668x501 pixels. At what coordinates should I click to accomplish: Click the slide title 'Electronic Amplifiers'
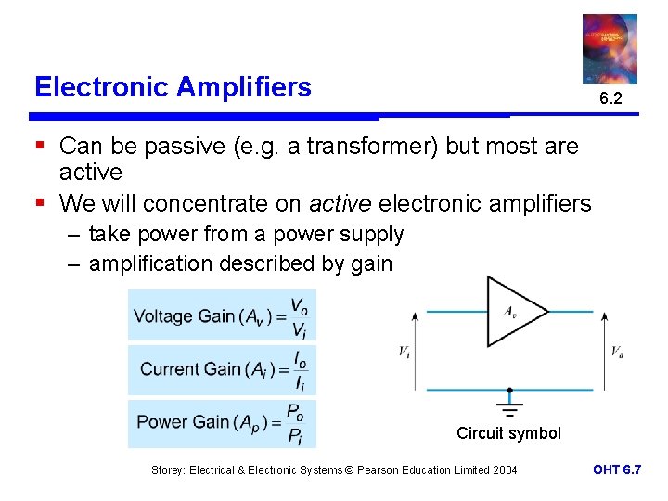tap(173, 87)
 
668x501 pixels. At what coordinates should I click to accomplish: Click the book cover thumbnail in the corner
tap(610, 48)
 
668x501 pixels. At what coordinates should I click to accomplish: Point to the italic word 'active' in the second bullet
tap(340, 203)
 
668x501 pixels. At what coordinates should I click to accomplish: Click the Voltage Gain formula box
tap(223, 315)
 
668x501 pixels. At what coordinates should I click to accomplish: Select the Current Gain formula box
tap(223, 369)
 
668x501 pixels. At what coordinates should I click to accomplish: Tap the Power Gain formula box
tap(223, 423)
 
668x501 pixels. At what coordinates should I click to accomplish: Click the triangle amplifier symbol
tap(513, 312)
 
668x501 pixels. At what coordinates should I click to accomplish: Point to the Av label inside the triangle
tap(509, 312)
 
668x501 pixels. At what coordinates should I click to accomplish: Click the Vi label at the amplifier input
tap(404, 352)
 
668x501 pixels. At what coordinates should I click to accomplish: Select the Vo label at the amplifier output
tap(617, 352)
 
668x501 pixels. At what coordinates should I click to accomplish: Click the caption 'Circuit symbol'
tap(508, 433)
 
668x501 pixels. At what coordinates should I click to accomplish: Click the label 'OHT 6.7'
tap(617, 470)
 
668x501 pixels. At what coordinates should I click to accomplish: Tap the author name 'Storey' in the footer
tap(168, 470)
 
